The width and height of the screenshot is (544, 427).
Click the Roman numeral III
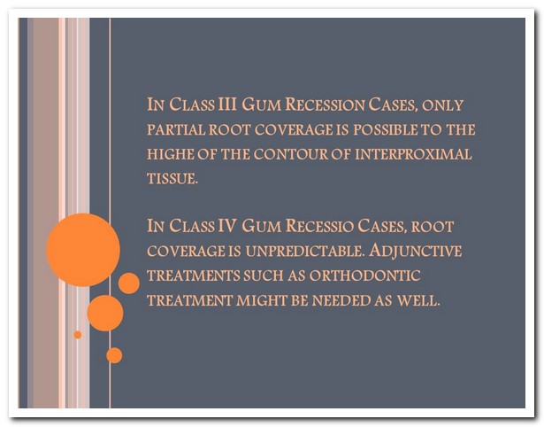[227, 104]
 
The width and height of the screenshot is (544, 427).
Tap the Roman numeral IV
[227, 226]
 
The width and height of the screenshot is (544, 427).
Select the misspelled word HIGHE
[170, 154]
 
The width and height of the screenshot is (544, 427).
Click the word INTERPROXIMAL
[413, 154]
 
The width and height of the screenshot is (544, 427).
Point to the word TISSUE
[172, 179]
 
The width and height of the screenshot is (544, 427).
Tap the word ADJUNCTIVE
[415, 251]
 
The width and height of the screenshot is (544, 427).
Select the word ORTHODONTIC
[365, 276]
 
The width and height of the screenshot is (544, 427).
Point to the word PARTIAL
[175, 129]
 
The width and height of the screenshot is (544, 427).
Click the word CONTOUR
[290, 154]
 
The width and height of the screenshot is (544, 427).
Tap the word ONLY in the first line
[442, 105]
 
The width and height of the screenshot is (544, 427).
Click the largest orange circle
[83, 250]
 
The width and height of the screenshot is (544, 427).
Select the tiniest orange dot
[78, 335]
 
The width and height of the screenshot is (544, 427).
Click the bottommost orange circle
[114, 355]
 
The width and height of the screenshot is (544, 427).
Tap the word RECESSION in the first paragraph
[326, 105]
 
